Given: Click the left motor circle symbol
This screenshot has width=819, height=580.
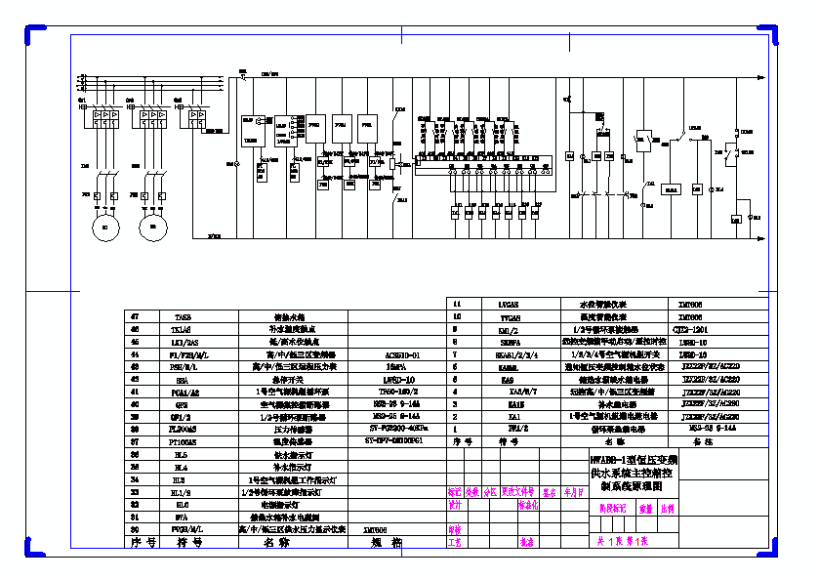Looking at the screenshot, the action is [x=103, y=228].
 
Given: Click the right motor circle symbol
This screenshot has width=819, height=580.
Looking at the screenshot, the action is [x=150, y=228].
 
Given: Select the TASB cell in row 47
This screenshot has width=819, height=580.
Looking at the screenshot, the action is [x=183, y=317].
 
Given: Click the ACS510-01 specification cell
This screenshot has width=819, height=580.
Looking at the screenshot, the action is [x=396, y=355].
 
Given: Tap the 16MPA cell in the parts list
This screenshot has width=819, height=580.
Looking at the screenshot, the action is [x=396, y=367].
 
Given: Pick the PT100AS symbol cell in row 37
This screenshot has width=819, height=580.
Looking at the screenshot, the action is [x=183, y=442].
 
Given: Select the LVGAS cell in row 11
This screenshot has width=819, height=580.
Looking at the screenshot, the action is [x=510, y=304].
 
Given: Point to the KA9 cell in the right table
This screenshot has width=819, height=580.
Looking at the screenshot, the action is [x=508, y=379].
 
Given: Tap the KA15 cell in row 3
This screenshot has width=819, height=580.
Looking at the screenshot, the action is [x=509, y=403].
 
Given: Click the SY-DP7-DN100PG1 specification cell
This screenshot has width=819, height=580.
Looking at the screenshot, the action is [x=396, y=441].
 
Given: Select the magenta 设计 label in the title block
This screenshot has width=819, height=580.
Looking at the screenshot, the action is [x=454, y=505].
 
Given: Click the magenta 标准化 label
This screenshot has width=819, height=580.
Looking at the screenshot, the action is [x=527, y=506].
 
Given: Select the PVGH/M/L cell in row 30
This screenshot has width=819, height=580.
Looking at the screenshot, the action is [x=184, y=528].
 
